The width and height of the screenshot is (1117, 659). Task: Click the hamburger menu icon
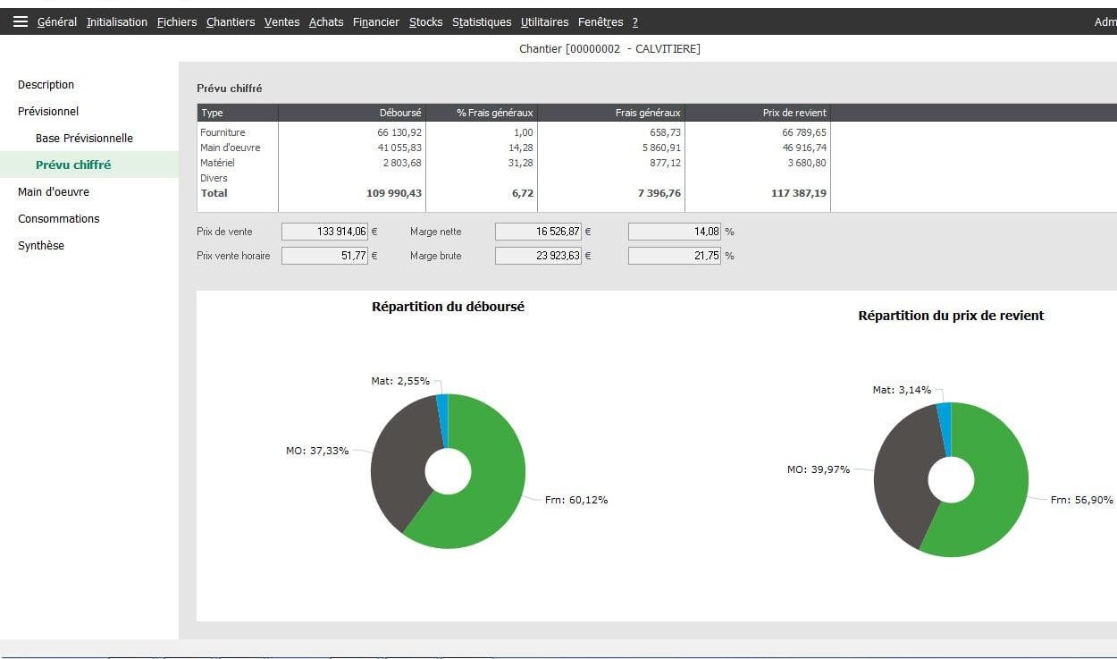[21, 21]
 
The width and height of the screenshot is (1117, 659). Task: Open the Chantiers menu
[230, 21]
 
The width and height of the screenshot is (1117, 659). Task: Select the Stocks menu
[425, 21]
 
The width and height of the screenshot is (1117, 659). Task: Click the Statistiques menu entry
[482, 21]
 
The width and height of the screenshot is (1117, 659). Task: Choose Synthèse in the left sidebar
[41, 245]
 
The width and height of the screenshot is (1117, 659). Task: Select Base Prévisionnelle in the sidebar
[84, 138]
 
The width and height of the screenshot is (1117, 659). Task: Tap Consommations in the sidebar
[58, 218]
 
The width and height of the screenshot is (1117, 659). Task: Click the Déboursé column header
[400, 113]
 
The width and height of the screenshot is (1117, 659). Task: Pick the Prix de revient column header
[794, 113]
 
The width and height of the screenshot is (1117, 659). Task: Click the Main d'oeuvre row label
[231, 148]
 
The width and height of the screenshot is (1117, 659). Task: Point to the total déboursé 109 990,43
[394, 193]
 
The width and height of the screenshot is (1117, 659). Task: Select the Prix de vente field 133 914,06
[323, 232]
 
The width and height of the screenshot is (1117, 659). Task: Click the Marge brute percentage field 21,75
[674, 256]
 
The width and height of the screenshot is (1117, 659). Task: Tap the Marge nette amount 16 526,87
[538, 232]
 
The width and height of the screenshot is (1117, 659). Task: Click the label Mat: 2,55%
[400, 381]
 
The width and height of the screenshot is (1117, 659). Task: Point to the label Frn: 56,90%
[1081, 500]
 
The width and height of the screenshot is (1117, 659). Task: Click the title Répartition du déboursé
[448, 307]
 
